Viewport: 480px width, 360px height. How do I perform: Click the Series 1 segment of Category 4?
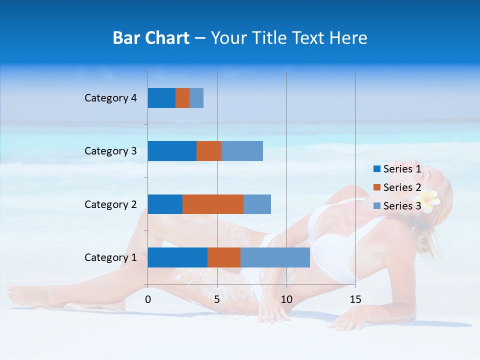point(161,98)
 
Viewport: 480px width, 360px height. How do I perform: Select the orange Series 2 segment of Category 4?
point(182,98)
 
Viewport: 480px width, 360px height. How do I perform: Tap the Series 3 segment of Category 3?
point(242,151)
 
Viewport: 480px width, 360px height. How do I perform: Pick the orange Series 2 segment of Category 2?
point(213,204)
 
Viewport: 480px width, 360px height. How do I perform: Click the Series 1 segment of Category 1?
point(177,257)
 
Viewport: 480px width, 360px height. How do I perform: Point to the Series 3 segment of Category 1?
point(275,257)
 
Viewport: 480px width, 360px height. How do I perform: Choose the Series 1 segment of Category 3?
point(172,151)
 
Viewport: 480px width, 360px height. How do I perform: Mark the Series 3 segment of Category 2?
point(257,204)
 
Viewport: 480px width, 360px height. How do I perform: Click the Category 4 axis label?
point(110,98)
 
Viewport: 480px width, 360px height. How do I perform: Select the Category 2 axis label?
point(110,204)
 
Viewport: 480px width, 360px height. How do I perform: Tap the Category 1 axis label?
point(110,257)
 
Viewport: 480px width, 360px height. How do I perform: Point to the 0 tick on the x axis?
point(148,299)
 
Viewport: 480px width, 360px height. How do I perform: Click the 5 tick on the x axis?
point(217,299)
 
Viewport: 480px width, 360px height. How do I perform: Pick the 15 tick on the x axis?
point(355,299)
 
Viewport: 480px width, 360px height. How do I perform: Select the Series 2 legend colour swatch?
point(376,187)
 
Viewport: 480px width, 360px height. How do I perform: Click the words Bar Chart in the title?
point(151,37)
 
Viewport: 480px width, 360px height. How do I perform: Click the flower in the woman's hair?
point(430,200)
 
